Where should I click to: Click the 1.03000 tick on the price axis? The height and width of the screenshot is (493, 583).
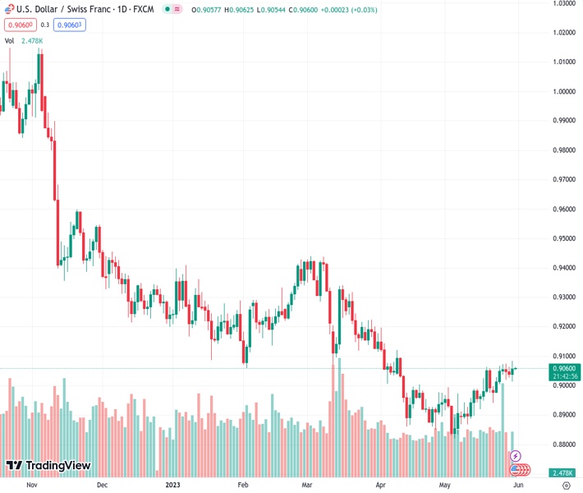pos(562,3)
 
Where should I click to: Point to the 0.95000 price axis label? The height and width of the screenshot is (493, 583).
pos(562,238)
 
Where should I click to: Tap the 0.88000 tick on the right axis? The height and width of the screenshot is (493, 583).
pos(562,445)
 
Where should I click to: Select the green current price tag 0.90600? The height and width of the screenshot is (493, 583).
pos(562,369)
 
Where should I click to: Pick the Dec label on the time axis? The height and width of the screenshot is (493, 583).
pos(102,485)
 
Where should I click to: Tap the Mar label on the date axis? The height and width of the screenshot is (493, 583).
pos(306,485)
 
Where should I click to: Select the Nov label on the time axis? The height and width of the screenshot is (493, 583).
pos(32,485)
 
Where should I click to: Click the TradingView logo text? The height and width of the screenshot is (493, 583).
pos(57,466)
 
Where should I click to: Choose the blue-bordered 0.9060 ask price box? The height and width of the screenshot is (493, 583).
pos(70,25)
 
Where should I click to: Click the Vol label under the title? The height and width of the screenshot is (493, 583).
pos(10,40)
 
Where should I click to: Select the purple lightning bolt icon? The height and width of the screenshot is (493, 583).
pos(516,456)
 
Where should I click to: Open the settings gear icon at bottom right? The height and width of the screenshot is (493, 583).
pos(566,485)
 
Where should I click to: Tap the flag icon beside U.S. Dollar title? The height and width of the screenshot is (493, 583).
pos(8,9)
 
